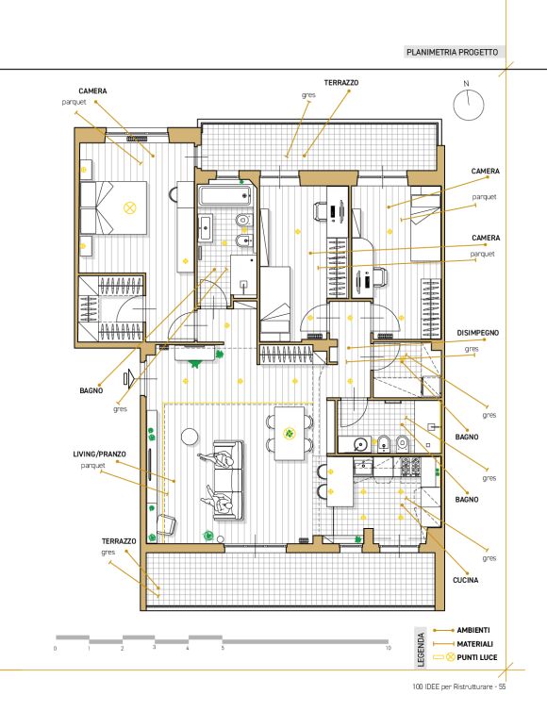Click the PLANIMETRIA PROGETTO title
click(452, 52)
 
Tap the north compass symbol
click(469, 105)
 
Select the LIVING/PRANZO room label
click(99, 454)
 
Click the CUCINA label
click(465, 580)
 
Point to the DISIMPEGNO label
click(477, 333)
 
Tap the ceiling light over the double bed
click(130, 208)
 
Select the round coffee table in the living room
click(190, 437)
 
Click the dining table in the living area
click(290, 434)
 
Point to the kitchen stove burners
click(409, 467)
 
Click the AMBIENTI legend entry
click(473, 630)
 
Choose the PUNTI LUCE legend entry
click(476, 657)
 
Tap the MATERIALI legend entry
click(474, 644)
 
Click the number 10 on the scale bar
click(389, 648)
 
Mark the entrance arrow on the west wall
click(129, 378)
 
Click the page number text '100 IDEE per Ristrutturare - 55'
click(459, 686)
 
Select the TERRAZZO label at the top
click(341, 83)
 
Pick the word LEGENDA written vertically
click(421, 650)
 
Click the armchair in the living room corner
click(167, 525)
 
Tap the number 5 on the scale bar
click(223, 648)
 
